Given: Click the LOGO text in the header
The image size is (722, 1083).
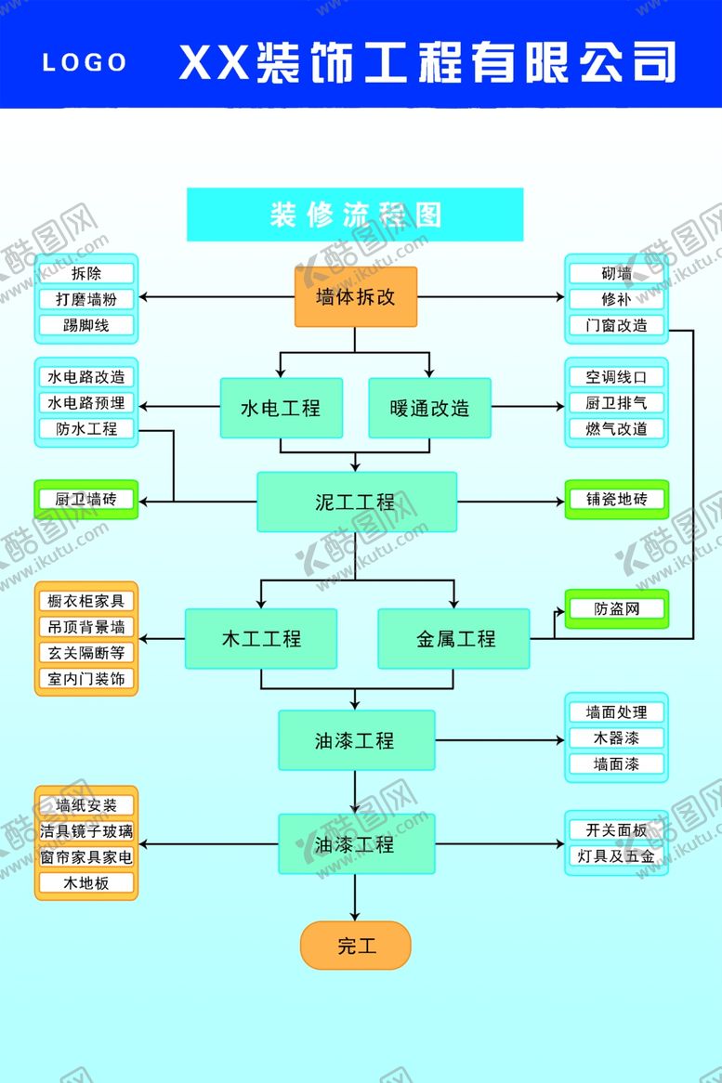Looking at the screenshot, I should point(85,62).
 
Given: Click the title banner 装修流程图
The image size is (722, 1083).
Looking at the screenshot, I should point(355,215).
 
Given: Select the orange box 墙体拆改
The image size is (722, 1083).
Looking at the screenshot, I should point(356,297).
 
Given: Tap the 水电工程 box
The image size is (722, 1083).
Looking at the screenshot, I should point(281,408).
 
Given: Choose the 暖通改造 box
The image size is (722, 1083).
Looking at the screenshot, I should point(429,408).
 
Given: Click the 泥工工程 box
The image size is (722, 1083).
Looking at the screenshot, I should point(356,502).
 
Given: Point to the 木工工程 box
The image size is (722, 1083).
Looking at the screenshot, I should point(261,639).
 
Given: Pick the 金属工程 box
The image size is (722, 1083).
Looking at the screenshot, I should point(453,639).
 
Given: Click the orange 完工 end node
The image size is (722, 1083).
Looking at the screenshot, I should point(355,946).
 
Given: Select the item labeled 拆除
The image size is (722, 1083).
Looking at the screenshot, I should point(86,274).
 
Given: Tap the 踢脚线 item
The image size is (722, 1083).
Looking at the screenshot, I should point(86,326).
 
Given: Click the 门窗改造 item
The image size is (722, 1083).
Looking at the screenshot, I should point(616,326).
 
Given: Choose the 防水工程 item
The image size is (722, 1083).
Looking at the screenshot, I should point(86,429).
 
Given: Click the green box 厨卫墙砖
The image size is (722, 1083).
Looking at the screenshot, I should point(86,500).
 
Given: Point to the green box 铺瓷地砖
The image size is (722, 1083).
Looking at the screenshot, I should point(616,500).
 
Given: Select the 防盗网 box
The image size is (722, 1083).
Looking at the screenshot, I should point(616,609).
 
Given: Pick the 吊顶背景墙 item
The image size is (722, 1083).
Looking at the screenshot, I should point(86,627).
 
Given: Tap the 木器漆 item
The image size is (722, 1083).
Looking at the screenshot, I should point(616,738).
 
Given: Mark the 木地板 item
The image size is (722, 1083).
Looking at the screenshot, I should point(86,883).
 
